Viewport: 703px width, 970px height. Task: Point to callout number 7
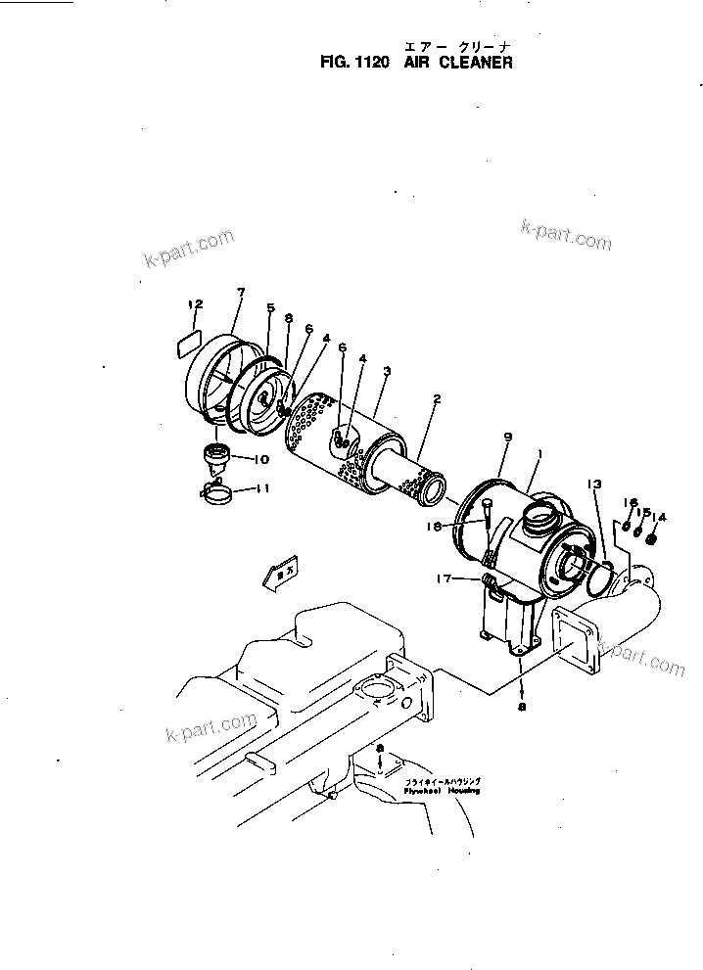click(x=240, y=292)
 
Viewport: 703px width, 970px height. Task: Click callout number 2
click(x=437, y=399)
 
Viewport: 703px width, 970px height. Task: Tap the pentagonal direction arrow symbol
click(x=280, y=574)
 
